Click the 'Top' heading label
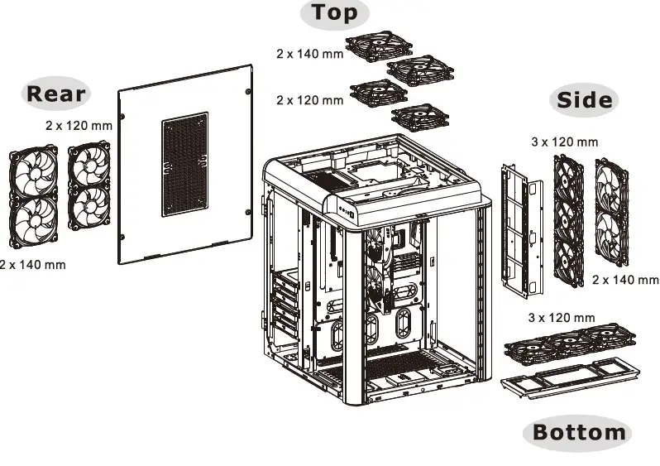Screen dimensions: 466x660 [x=334, y=12]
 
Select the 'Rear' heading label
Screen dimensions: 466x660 [x=56, y=93]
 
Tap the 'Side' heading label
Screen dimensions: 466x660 [x=584, y=100]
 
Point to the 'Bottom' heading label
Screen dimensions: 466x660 [x=578, y=431]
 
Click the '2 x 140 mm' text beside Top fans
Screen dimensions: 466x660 [x=309, y=53]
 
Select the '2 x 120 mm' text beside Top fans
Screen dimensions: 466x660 [x=309, y=100]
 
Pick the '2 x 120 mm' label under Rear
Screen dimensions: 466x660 [x=79, y=125]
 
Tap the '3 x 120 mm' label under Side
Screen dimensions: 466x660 [x=564, y=142]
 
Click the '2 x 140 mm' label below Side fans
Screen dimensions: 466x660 [x=625, y=280]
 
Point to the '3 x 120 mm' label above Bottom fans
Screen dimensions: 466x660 [x=561, y=318]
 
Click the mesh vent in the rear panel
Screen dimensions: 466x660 [x=184, y=166]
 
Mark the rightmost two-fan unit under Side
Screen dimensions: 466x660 [x=611, y=210]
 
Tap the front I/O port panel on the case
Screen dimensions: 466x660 [x=342, y=210]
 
